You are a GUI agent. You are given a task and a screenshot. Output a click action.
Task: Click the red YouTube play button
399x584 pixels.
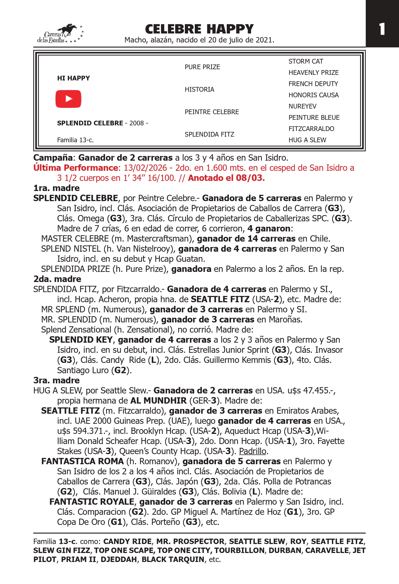68,99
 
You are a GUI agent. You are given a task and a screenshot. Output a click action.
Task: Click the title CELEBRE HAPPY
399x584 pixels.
199,29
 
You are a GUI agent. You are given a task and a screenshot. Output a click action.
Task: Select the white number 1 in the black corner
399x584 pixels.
382,29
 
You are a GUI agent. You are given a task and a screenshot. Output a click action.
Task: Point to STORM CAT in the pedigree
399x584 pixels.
306,61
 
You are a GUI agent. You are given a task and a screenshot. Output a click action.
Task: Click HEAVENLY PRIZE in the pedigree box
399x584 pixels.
313,73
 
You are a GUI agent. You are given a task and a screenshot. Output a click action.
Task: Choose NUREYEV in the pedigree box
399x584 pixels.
302,106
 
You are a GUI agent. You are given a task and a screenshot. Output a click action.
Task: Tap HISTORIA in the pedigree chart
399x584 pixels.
199,89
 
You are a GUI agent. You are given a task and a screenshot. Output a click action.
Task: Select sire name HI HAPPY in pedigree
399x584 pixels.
73,78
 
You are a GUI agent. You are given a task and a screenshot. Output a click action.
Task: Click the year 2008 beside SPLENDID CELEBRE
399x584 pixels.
136,123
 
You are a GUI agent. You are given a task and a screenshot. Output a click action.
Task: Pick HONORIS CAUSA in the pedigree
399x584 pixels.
313,95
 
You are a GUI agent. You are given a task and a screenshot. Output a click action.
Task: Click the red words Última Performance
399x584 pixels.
75,168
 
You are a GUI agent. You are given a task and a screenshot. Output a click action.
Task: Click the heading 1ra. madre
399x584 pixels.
56,188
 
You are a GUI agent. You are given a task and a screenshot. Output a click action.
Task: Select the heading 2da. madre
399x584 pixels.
57,279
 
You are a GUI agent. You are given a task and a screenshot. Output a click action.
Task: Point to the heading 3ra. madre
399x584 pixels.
56,380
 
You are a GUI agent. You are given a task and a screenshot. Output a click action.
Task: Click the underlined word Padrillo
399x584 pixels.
252,451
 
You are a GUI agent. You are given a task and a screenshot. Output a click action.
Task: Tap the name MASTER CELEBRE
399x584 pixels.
75,238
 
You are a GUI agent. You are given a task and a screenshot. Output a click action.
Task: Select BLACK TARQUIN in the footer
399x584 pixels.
173,559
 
